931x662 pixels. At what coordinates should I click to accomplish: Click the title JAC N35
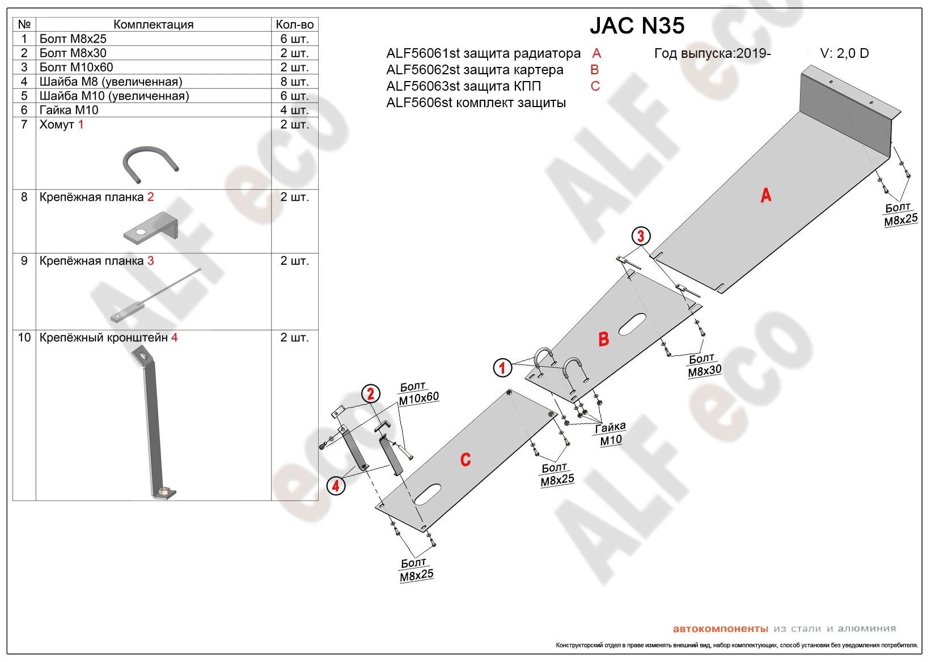click(x=637, y=26)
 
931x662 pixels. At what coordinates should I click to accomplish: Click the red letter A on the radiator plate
click(x=765, y=195)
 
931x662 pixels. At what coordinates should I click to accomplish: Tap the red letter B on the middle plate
click(x=603, y=339)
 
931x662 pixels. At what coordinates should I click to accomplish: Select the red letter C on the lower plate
click(x=465, y=459)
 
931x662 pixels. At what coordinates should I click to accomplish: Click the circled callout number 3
click(x=641, y=236)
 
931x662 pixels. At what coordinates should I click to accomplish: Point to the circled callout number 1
click(x=502, y=368)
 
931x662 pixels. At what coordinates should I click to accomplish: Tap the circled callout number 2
click(x=370, y=393)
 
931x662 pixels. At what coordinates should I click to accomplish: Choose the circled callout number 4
click(x=336, y=485)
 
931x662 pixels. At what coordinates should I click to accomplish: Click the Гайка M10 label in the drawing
click(x=611, y=434)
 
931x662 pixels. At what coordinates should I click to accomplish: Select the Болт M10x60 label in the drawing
click(x=418, y=393)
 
